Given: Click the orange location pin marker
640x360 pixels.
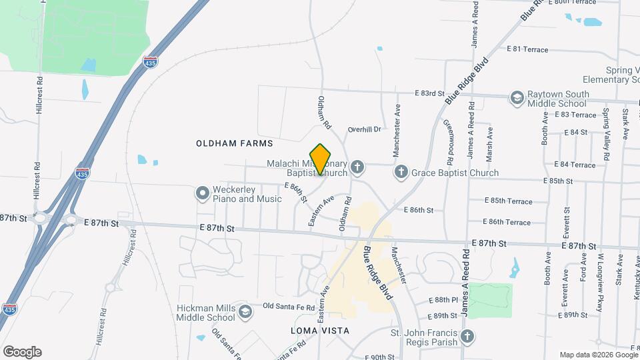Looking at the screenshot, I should click(x=321, y=159).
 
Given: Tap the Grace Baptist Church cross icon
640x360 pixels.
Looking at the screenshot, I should click(x=401, y=173).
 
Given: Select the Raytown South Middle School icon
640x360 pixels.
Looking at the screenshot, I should click(x=517, y=98).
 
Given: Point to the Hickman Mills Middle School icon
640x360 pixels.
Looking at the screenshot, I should click(x=245, y=312).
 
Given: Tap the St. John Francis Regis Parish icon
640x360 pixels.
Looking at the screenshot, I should click(x=468, y=337).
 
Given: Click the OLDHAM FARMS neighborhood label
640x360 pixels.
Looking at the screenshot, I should click(x=234, y=143).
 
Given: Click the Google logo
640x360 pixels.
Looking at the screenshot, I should click(x=22, y=352).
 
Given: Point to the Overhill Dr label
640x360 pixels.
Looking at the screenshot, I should click(x=364, y=129).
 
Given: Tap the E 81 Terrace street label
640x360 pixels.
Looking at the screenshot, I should click(x=527, y=49).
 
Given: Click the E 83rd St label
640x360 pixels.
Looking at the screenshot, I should click(x=429, y=93).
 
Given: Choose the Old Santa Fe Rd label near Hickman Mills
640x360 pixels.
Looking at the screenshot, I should click(x=287, y=306).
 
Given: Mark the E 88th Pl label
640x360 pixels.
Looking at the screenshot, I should click(x=445, y=300).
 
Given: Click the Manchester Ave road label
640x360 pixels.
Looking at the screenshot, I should click(x=397, y=130).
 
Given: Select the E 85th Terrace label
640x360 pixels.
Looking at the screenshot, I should click(x=509, y=201).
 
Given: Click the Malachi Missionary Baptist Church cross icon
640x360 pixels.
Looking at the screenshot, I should click(x=357, y=167).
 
